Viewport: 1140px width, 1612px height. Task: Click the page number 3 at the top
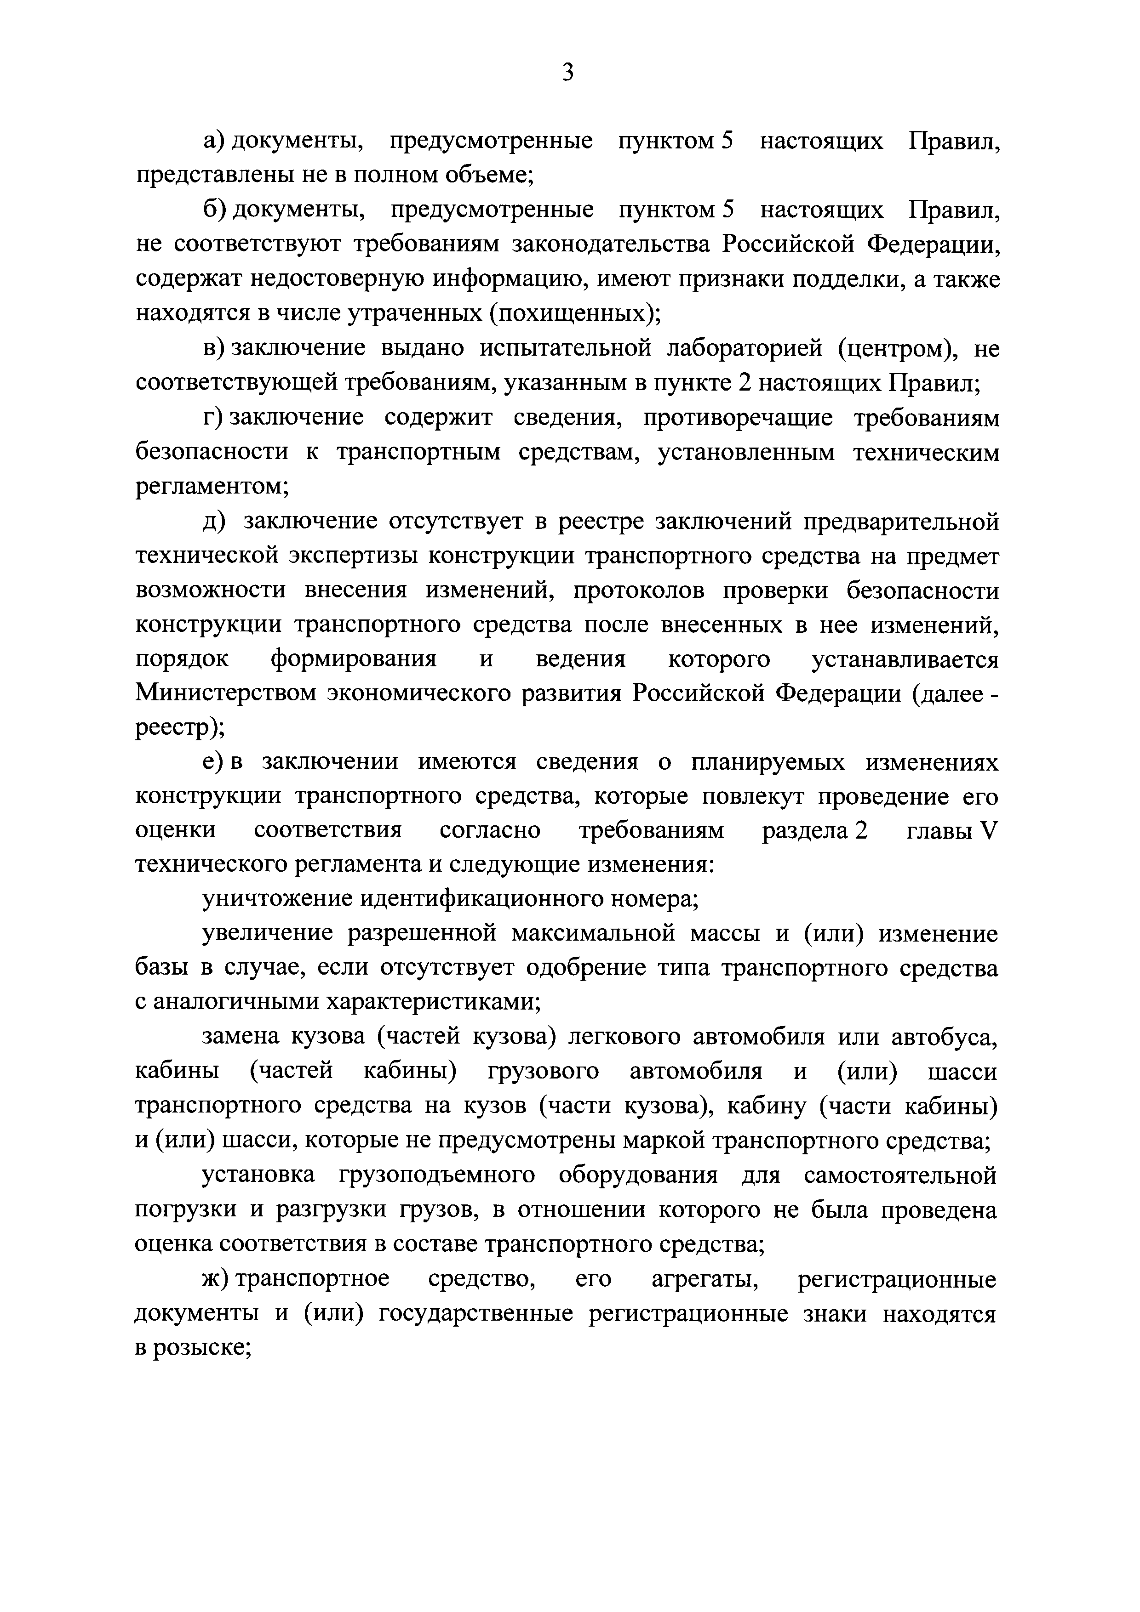pos(569,72)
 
